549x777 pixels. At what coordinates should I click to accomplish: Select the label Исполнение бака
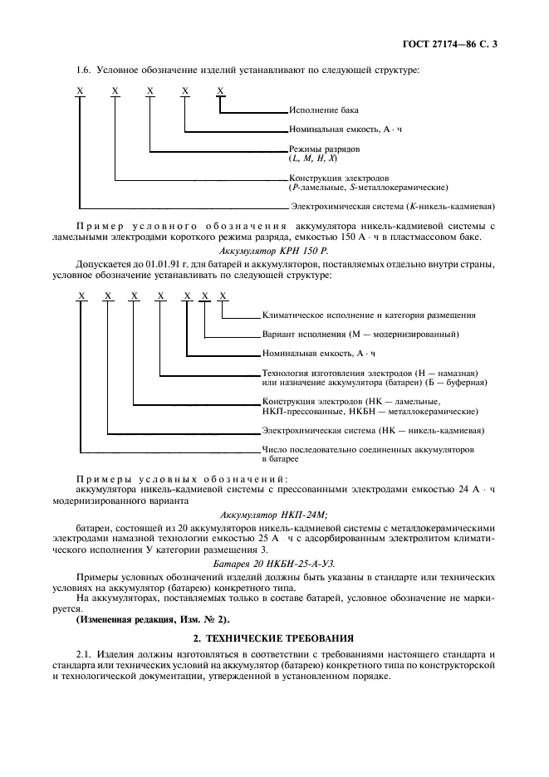pos(324,110)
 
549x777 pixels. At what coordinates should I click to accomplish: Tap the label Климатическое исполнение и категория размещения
pos(369,315)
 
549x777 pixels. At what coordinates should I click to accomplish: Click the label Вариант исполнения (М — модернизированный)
pos(360,335)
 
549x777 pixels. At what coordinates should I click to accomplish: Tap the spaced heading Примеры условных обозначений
pos(182,480)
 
